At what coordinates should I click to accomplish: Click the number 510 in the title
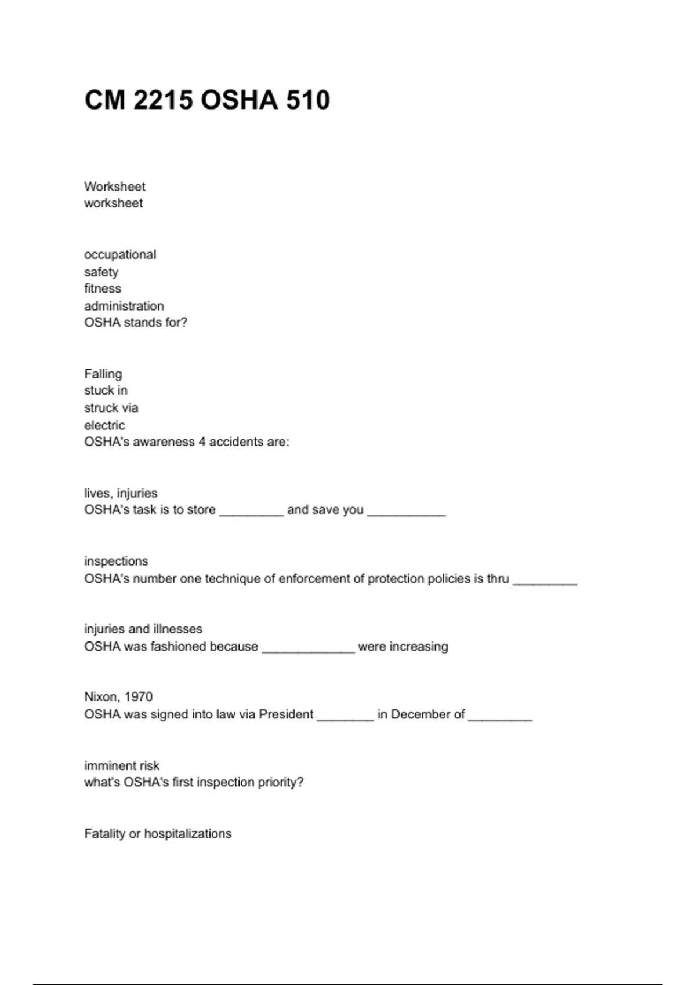pyautogui.click(x=307, y=100)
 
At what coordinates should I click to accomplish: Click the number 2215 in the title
pyautogui.click(x=163, y=100)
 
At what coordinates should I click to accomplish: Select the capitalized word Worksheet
pyautogui.click(x=115, y=187)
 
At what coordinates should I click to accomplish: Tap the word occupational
pyautogui.click(x=120, y=255)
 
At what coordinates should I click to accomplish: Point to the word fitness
pyautogui.click(x=103, y=289)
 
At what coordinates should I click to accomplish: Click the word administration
pyautogui.click(x=124, y=306)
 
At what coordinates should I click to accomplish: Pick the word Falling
pyautogui.click(x=103, y=374)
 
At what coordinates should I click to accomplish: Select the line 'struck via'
pyautogui.click(x=111, y=408)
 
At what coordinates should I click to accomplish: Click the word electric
pyautogui.click(x=104, y=425)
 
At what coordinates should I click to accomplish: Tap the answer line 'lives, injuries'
pyautogui.click(x=121, y=493)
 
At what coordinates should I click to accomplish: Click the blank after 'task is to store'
pyautogui.click(x=251, y=512)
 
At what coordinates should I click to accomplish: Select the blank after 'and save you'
pyautogui.click(x=406, y=512)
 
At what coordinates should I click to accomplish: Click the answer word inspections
pyautogui.click(x=116, y=561)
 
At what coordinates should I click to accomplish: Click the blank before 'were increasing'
pyautogui.click(x=308, y=648)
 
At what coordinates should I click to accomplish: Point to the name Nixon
pyautogui.click(x=101, y=696)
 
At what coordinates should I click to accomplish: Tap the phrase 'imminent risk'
pyautogui.click(x=122, y=765)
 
